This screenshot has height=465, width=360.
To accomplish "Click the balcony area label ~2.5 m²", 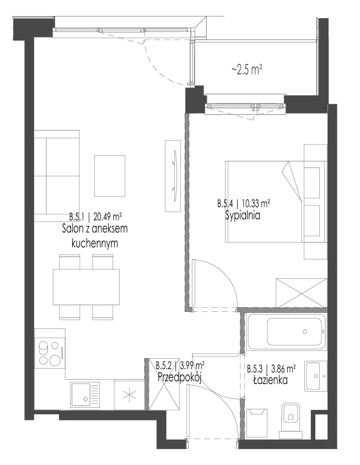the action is [246, 71].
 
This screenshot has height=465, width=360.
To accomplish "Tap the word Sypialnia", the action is [243, 215].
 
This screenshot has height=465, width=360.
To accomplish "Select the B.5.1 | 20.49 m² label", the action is [95, 217].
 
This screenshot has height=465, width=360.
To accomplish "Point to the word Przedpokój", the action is [180, 377].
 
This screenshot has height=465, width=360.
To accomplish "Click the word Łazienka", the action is [270, 380].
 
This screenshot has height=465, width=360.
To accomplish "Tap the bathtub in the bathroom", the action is [287, 332].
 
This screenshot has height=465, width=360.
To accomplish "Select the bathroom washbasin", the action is [316, 376].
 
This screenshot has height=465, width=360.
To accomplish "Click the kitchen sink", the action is [85, 394].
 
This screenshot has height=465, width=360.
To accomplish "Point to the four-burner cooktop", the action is [50, 353].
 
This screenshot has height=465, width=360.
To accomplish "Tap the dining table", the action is [86, 287].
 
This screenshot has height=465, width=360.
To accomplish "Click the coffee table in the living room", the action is [110, 176].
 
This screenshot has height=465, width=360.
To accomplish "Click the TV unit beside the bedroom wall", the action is [173, 176].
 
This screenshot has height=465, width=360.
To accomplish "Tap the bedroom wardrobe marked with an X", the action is [301, 293].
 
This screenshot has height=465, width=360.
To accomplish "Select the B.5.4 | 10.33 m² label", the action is [243, 204].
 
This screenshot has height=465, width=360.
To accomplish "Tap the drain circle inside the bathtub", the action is [304, 332].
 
